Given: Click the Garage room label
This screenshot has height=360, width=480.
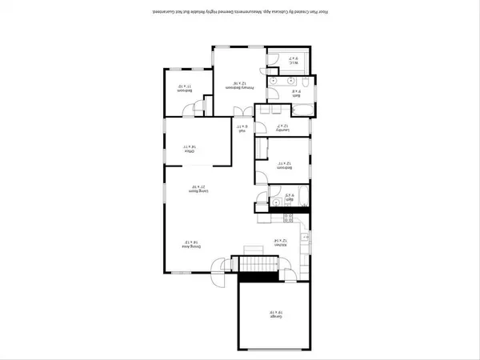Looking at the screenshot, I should pos(274,315).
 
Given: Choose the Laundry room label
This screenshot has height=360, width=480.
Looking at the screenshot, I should pos(281,126).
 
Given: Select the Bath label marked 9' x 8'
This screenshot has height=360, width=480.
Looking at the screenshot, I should pos(295,91).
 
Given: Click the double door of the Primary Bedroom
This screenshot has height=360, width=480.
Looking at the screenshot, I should pos(238,111).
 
